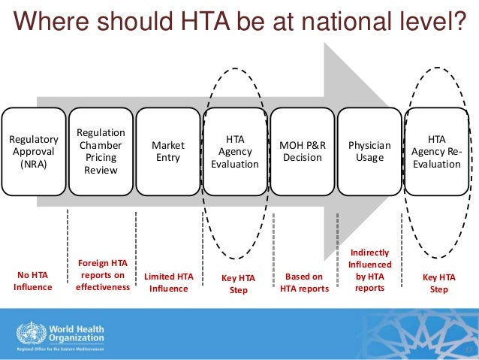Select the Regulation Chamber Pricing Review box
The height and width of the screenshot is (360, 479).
[101, 152]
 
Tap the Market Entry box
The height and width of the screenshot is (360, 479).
[168, 152]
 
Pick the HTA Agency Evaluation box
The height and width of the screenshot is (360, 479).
[235, 152]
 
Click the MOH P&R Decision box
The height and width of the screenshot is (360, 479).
[302, 152]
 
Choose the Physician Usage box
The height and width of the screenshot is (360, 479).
[369, 152]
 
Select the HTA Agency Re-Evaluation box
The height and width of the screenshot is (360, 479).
[436, 152]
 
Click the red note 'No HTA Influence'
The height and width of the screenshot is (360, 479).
[33, 282]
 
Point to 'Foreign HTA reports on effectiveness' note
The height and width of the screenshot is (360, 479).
[103, 274]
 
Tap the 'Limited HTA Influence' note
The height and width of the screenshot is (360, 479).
[168, 282]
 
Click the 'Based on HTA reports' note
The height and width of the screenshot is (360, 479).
[304, 282]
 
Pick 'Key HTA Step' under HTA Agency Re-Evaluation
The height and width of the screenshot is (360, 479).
[438, 283]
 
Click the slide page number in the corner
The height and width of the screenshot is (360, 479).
[468, 351]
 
